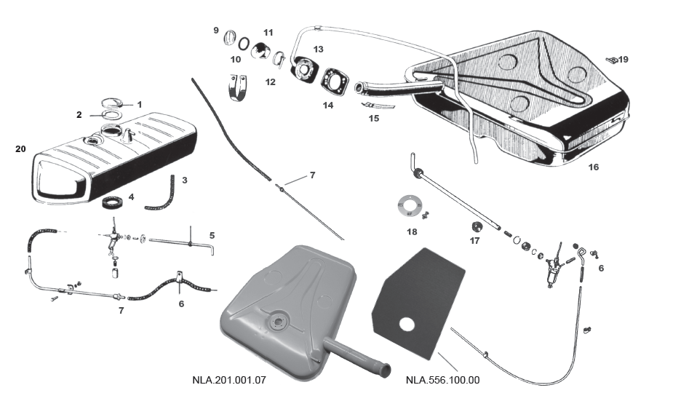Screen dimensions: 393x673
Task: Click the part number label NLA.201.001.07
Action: (x=229, y=380)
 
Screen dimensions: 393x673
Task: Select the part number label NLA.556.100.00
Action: (x=442, y=380)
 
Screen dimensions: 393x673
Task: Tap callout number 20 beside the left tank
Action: (x=20, y=149)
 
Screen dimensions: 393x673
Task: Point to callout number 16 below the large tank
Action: (x=593, y=167)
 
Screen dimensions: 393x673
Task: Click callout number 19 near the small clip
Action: (x=624, y=59)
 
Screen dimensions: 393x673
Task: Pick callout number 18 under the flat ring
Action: (x=413, y=232)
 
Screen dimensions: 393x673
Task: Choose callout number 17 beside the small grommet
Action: (x=476, y=241)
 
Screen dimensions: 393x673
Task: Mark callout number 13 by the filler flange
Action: (x=318, y=49)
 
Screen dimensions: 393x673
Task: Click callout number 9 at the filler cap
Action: (x=216, y=30)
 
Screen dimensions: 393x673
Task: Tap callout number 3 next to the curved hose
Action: (x=185, y=179)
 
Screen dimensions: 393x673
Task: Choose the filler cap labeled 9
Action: (x=230, y=38)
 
